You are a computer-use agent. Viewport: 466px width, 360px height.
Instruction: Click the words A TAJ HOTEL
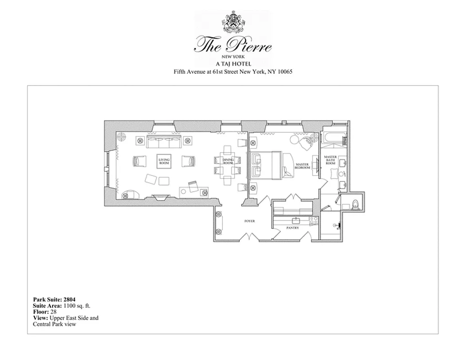(x=233, y=64)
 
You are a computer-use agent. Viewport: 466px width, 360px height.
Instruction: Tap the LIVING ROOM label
(x=164, y=161)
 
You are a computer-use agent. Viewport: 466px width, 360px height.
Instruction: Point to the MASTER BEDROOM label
(x=302, y=166)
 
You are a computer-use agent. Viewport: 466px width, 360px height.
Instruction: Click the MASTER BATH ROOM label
(x=330, y=160)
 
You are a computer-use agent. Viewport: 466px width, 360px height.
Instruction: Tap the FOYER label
(x=249, y=221)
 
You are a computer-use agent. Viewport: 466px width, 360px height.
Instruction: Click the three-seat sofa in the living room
(x=164, y=142)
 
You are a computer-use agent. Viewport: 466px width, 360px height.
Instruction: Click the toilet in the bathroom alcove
(x=355, y=204)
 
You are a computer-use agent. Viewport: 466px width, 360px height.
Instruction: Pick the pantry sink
(x=296, y=220)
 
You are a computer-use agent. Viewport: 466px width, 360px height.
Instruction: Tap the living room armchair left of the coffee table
(x=140, y=161)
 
